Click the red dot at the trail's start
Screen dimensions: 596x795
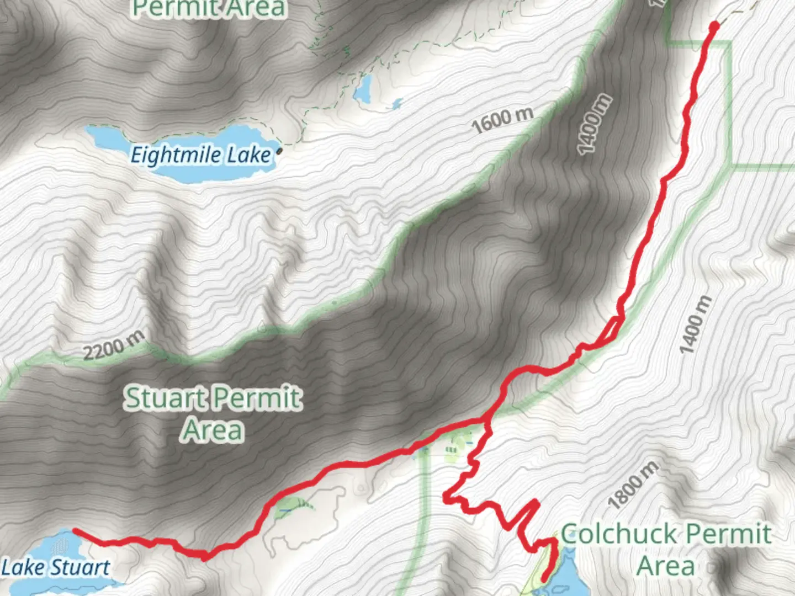click(714, 25)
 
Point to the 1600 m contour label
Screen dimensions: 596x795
click(502, 119)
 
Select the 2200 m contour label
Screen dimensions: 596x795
click(114, 345)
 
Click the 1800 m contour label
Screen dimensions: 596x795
click(633, 485)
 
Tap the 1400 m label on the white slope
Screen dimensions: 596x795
click(696, 325)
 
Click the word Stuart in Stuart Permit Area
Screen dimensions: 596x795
click(166, 397)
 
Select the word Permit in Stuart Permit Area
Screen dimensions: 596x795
click(257, 397)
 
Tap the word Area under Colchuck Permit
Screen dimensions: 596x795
click(666, 566)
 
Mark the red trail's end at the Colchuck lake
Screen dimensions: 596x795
click(544, 579)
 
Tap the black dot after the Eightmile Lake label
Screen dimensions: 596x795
click(279, 150)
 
